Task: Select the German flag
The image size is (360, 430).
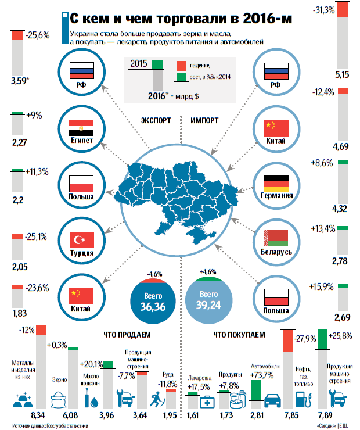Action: [276, 184]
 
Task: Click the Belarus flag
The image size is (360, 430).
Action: [276, 238]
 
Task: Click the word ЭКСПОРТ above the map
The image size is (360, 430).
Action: [156, 121]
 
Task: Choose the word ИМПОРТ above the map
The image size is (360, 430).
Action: [204, 121]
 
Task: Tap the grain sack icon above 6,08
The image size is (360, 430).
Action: [59, 400]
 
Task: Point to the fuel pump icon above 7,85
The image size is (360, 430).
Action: [303, 399]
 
